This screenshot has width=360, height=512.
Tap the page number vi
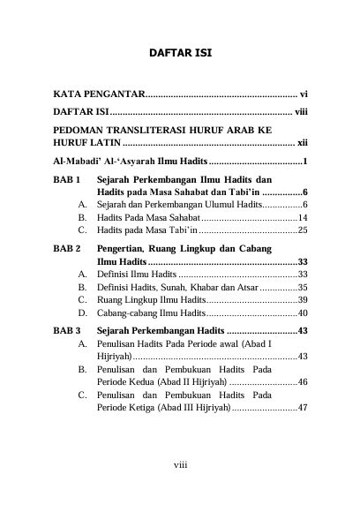303,93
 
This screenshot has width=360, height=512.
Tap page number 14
302,217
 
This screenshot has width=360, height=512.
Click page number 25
302,230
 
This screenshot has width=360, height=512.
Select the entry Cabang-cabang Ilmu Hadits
158,312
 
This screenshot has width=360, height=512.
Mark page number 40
302,312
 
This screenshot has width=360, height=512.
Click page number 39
302,300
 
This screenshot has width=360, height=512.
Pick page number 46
302,382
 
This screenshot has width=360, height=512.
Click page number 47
302,408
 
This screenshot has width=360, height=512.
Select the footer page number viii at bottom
179,486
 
